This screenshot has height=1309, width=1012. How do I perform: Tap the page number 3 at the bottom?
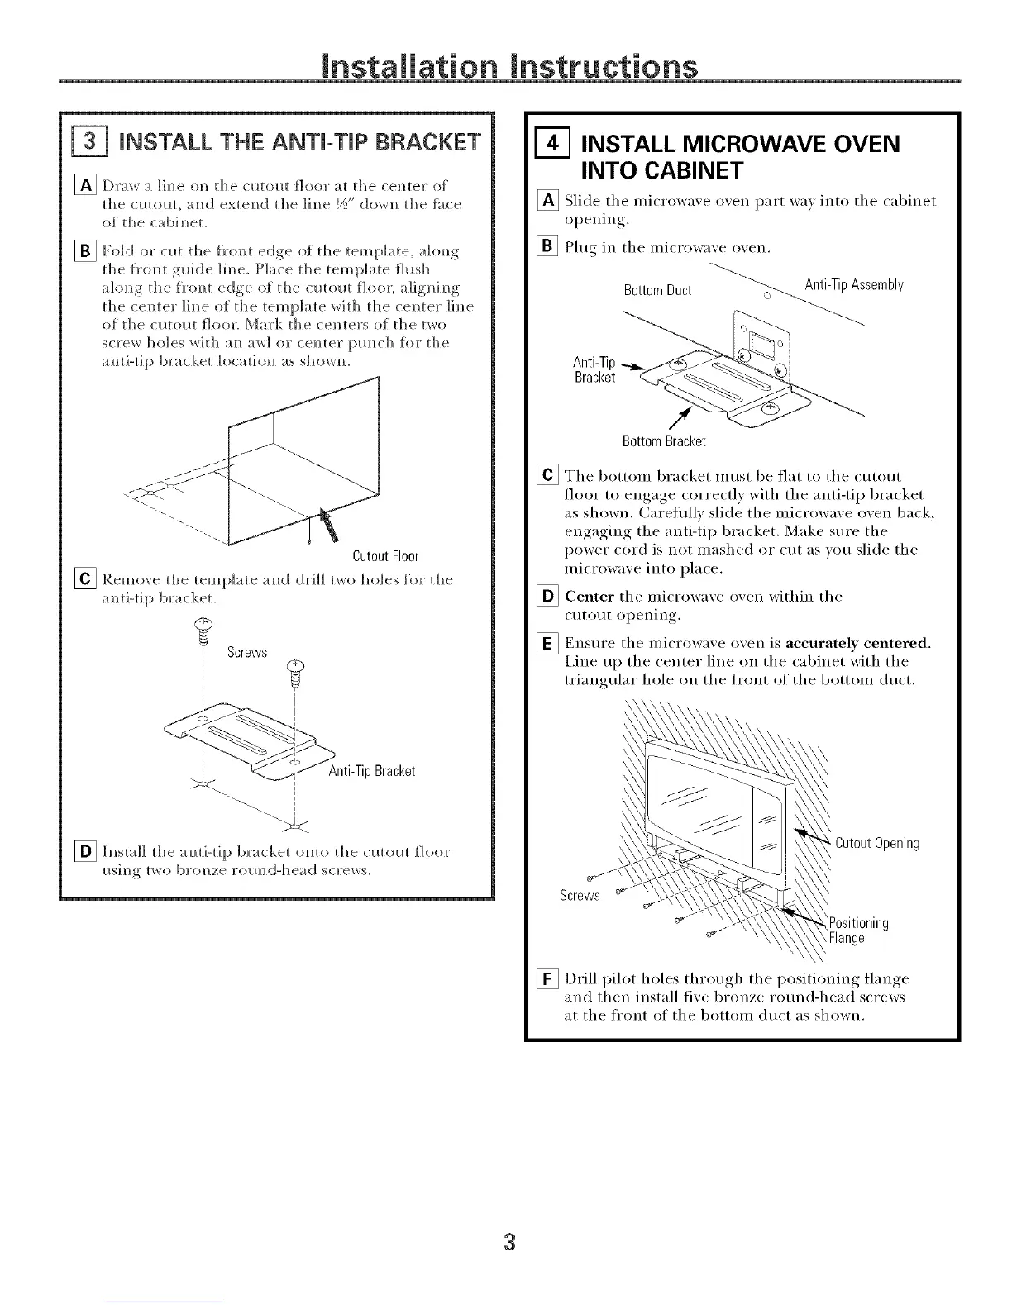coord(509,1242)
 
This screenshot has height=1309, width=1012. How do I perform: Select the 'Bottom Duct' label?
coord(657,291)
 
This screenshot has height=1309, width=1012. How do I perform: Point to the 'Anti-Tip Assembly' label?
coord(853,286)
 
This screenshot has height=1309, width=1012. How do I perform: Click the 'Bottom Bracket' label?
coord(664,441)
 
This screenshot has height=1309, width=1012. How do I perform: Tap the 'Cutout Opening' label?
coord(877,844)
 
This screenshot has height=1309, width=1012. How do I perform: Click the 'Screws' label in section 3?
coord(247,653)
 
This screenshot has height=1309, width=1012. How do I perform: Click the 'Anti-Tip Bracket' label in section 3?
coord(360,771)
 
